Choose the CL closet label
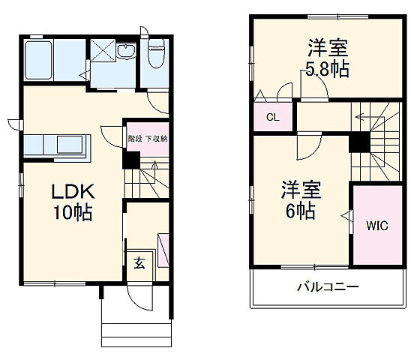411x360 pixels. [x=273, y=118]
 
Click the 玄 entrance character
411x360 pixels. [x=139, y=262]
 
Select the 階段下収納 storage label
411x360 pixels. [x=147, y=139]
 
